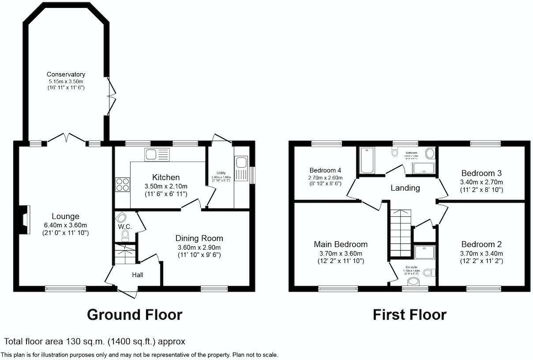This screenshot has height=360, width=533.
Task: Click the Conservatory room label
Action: (x=66, y=75)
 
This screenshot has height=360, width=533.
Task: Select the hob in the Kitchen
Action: (x=122, y=184)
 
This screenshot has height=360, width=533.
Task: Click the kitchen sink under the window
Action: (x=157, y=155)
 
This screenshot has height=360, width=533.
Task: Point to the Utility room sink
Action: (x=242, y=168)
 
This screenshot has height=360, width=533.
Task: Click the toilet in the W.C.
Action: (x=125, y=233)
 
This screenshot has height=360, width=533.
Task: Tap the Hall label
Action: (x=137, y=275)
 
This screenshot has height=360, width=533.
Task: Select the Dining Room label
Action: (x=199, y=238)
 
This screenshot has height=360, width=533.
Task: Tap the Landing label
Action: (x=405, y=188)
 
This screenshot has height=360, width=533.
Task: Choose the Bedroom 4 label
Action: (x=325, y=170)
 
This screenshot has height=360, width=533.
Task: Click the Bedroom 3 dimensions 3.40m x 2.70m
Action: (x=481, y=182)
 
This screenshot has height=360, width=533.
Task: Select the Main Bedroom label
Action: (x=341, y=244)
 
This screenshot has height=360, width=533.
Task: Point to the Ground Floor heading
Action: (x=134, y=315)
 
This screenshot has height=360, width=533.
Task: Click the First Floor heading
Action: (x=409, y=315)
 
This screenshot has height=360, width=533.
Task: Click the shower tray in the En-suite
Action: (x=424, y=252)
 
